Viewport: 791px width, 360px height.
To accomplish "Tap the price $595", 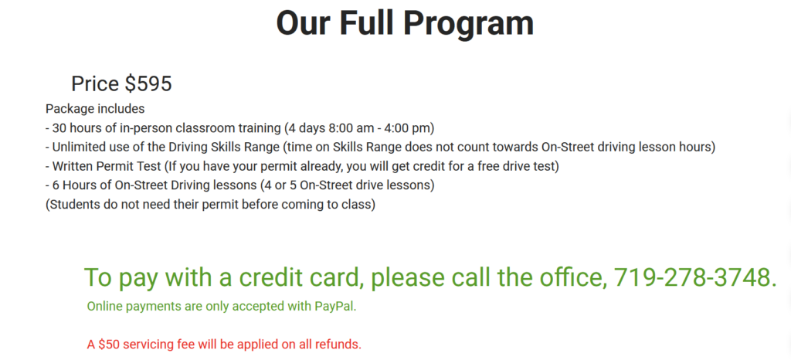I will point(148,83).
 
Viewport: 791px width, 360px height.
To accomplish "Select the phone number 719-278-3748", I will point(695,277).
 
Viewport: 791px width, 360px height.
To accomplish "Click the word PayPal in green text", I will point(334,307).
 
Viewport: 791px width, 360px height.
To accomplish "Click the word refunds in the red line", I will point(335,344).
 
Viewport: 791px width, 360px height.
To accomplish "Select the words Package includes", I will point(95,109).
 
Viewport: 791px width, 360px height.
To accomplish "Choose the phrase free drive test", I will point(514,166).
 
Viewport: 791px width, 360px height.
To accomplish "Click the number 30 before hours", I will point(60,127).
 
